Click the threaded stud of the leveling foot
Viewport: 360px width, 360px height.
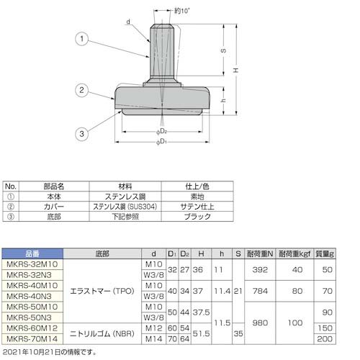pos(161,50)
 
